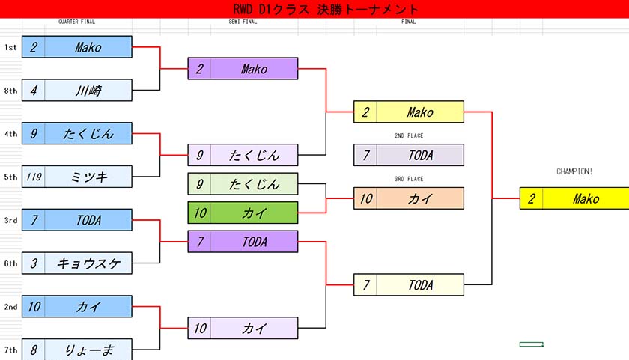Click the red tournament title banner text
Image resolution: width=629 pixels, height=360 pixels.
tap(325, 9)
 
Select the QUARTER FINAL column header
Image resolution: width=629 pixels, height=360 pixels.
tap(77, 22)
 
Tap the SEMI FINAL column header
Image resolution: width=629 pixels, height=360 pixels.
tap(243, 22)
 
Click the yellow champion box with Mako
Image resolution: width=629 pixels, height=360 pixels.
tap(574, 198)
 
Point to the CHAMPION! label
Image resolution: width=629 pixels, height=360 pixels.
tap(574, 171)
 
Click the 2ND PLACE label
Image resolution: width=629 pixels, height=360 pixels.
tap(408, 136)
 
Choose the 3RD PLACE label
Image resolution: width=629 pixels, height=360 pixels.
tap(408, 180)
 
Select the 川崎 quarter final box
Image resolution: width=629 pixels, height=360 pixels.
tap(77, 91)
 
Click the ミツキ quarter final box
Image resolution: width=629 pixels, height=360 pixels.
tap(77, 177)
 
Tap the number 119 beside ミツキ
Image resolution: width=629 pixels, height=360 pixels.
tap(34, 177)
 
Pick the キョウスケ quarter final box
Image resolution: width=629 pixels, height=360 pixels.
tap(77, 263)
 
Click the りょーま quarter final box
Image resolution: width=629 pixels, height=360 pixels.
tap(77, 350)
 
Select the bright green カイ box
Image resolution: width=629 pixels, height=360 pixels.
tap(243, 213)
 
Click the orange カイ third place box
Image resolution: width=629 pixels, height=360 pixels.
tap(408, 198)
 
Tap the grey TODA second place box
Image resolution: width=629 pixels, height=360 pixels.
tap(408, 155)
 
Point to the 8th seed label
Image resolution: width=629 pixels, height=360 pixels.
tap(10, 91)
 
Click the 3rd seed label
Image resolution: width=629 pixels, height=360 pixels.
tap(10, 220)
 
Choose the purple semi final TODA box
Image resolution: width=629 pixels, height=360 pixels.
tap(243, 242)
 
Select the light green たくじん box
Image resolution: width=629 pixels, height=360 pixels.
tap(243, 184)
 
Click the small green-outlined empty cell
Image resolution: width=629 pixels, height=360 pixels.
tap(531, 344)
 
